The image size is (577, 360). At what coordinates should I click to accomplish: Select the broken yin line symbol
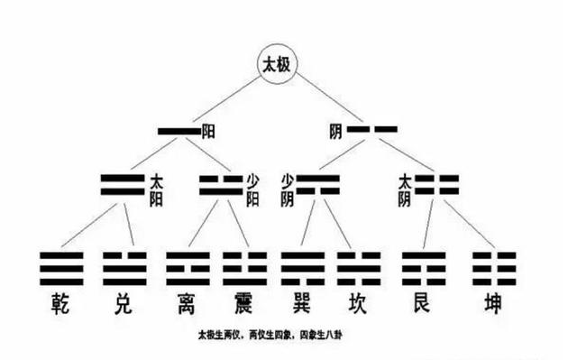tap(372, 132)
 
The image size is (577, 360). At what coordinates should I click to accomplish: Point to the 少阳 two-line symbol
tap(221, 186)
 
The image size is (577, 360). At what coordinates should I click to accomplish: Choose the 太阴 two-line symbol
tap(437, 186)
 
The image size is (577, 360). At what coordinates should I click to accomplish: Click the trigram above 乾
tap(61, 268)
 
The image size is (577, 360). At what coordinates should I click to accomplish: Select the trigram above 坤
tap(494, 268)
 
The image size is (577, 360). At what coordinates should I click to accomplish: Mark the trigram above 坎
tap(359, 268)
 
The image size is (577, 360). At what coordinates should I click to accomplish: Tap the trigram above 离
tap(188, 268)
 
